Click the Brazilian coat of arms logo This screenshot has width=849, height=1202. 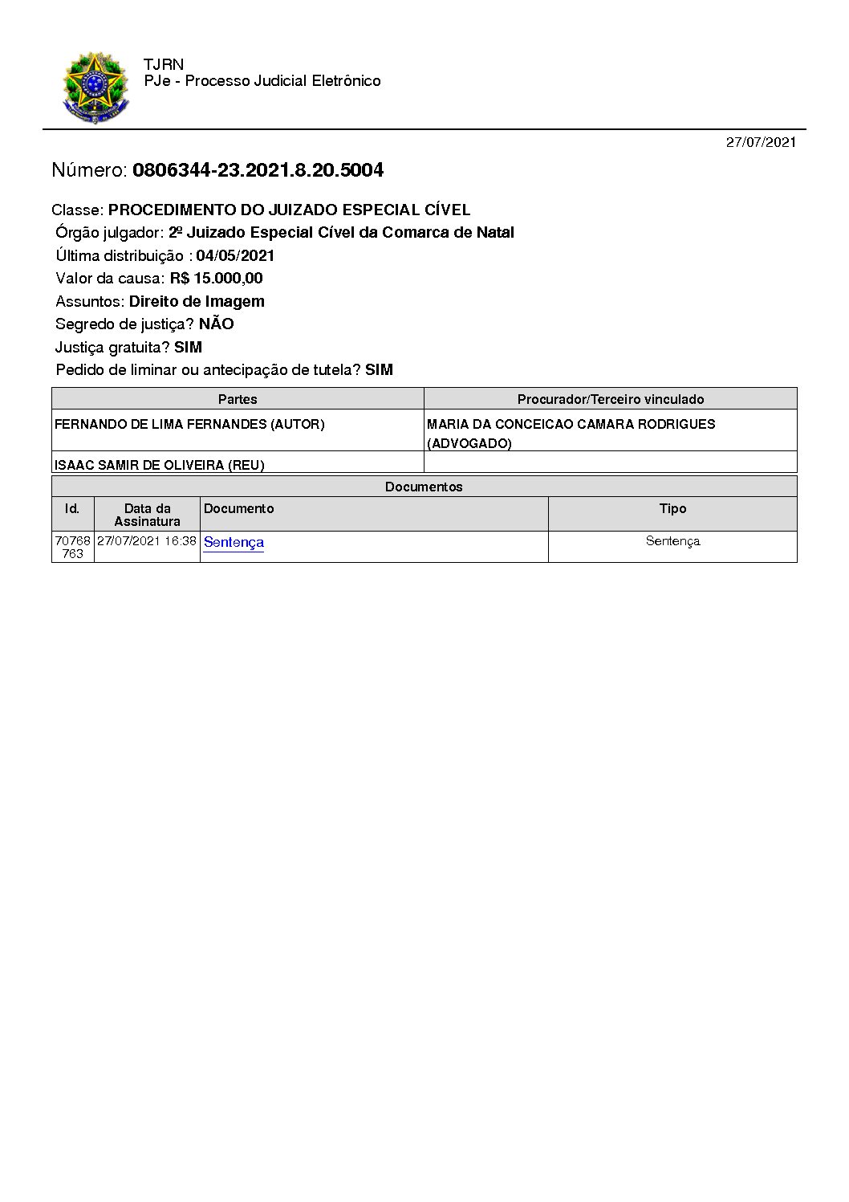tap(95, 88)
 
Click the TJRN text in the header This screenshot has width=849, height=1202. tap(164, 65)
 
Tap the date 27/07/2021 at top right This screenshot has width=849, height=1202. tap(761, 142)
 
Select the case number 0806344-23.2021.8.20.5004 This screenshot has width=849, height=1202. tap(258, 170)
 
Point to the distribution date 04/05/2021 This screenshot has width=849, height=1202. tap(235, 256)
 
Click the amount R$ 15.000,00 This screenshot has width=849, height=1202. tap(216, 279)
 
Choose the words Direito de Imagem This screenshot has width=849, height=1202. tap(197, 302)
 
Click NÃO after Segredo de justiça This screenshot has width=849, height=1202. tap(216, 324)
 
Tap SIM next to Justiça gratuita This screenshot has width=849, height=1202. tap(188, 348)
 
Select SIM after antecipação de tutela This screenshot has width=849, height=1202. tap(379, 370)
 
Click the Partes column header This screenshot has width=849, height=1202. tap(238, 399)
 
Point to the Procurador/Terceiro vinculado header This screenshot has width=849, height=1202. tap(611, 399)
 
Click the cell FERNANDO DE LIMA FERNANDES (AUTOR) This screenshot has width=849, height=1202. tap(189, 424)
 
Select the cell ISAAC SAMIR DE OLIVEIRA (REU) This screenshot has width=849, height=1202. tap(159, 465)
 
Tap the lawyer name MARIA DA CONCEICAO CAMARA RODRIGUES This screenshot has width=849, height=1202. tap(571, 424)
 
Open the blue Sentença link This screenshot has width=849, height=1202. tap(234, 542)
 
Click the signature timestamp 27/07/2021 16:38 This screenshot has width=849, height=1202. tap(147, 541)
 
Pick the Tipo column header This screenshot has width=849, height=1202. tap(672, 509)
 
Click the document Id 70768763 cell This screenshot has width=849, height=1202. tap(72, 547)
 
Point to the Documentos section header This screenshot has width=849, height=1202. tap(424, 487)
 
